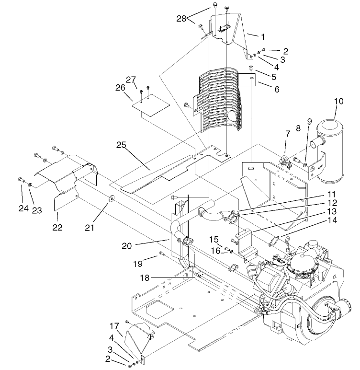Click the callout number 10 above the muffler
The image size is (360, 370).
pos(339,102)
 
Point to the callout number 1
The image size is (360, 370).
pos(262,36)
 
